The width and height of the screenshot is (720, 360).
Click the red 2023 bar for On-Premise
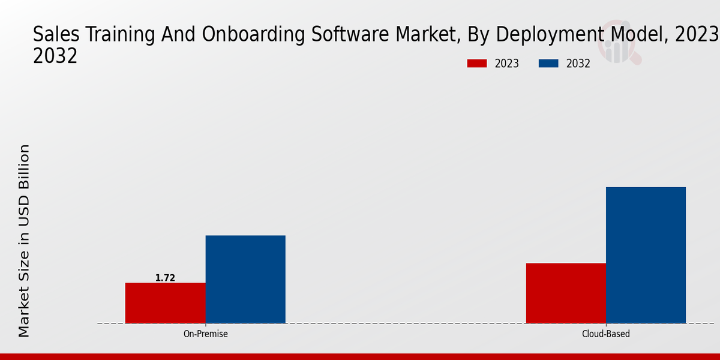(165, 303)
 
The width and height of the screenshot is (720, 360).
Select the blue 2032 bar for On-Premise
(245, 280)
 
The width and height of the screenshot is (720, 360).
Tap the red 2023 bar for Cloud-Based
(566, 293)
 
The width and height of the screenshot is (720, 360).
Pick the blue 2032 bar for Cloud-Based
(646, 255)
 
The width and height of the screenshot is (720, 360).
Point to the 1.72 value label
(165, 278)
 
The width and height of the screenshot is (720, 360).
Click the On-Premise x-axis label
(205, 334)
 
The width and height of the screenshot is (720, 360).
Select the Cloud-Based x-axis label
(606, 334)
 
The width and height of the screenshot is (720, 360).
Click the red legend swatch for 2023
(477, 64)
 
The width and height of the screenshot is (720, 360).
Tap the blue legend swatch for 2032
(549, 64)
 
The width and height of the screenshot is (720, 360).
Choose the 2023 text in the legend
(507, 64)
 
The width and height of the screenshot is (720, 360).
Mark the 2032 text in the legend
(578, 64)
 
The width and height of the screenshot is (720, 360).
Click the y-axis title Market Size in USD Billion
(24, 240)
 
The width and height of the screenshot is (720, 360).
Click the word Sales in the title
(53, 35)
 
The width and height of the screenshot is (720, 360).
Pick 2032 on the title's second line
(55, 56)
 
